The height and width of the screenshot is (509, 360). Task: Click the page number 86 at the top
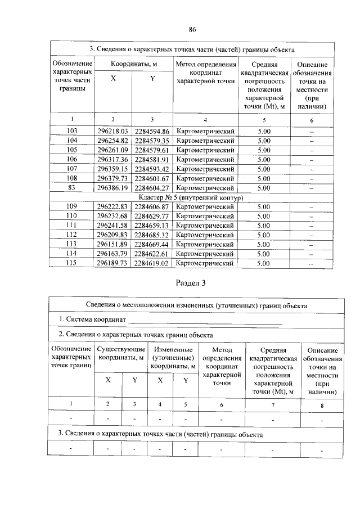pyautogui.click(x=192, y=29)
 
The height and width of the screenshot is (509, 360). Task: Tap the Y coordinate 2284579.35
pyautogui.click(x=152, y=141)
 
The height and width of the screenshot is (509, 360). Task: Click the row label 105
pyautogui.click(x=71, y=150)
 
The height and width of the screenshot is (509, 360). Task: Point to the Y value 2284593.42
pyautogui.click(x=152, y=169)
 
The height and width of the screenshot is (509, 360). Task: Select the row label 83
pyautogui.click(x=71, y=188)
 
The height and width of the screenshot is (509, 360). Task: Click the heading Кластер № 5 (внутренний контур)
pyautogui.click(x=190, y=198)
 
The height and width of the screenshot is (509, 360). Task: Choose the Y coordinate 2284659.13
pyautogui.click(x=152, y=226)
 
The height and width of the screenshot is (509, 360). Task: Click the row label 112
pyautogui.click(x=71, y=235)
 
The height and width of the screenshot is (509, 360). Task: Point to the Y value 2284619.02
pyautogui.click(x=152, y=263)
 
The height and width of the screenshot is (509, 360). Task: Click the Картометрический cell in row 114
pyautogui.click(x=205, y=254)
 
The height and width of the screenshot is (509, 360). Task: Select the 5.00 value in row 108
pyautogui.click(x=264, y=178)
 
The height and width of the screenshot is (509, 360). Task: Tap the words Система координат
pyautogui.click(x=92, y=320)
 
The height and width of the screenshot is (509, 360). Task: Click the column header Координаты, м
pyautogui.click(x=133, y=65)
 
